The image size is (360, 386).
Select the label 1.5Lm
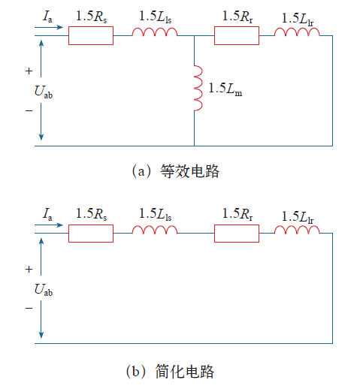click(x=225, y=89)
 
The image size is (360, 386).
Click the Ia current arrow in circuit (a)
click(x=49, y=27)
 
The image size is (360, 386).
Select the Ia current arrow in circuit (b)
click(x=49, y=225)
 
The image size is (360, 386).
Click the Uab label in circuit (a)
click(x=44, y=92)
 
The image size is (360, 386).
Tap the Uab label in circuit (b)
click(x=44, y=290)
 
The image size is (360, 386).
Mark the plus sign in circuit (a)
click(x=29, y=71)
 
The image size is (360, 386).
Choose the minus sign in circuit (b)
click(x=29, y=308)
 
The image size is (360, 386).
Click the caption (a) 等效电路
click(x=175, y=171)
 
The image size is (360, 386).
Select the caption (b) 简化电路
click(x=171, y=372)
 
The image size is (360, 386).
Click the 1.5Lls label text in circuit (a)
click(x=156, y=17)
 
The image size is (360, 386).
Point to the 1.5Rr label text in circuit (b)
click(x=237, y=214)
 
